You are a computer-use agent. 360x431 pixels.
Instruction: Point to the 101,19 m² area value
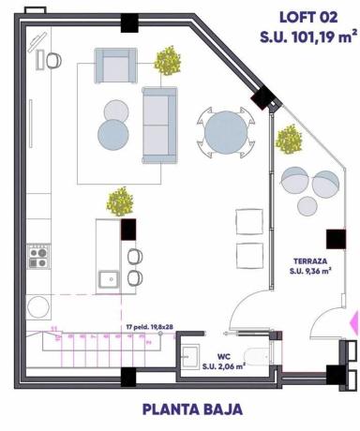pyautogui.click(x=313, y=36)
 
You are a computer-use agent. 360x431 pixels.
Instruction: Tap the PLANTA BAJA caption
pyautogui.click(x=193, y=409)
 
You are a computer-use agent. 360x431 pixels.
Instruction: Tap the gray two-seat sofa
pyautogui.click(x=159, y=122)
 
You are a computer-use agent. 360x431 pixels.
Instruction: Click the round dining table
pyautogui.click(x=226, y=134)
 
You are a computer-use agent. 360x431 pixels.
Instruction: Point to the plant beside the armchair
pyautogui.click(x=168, y=62)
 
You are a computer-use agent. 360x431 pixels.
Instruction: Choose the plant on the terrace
pyautogui.click(x=289, y=140)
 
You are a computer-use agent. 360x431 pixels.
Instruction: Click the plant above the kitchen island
pyautogui.click(x=120, y=201)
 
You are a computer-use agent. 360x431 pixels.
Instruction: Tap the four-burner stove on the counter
pyautogui.click(x=38, y=257)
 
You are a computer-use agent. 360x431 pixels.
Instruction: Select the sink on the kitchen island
pyautogui.click(x=110, y=277)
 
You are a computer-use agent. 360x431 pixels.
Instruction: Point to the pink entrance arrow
pyautogui.click(x=353, y=321)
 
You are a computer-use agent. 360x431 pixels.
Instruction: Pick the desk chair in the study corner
pyautogui.click(x=54, y=60)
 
